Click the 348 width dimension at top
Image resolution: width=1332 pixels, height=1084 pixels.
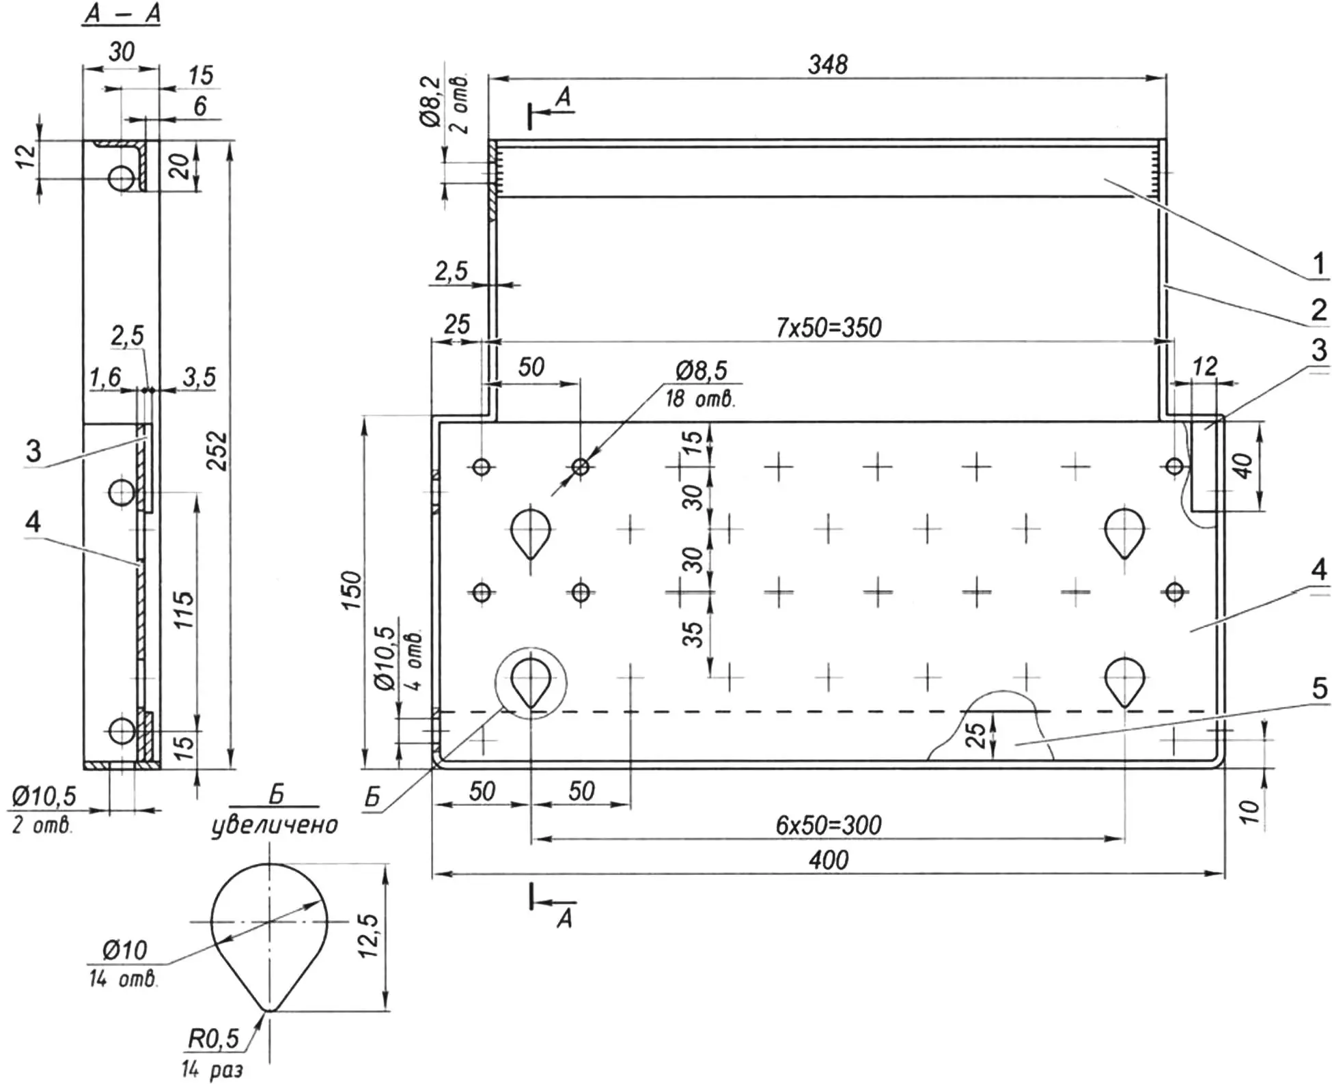pyautogui.click(x=827, y=65)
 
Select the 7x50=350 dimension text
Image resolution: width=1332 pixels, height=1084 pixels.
pyautogui.click(x=828, y=328)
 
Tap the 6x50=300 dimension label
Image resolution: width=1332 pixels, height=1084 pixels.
pyautogui.click(x=828, y=825)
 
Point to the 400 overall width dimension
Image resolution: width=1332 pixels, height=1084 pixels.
pyautogui.click(x=828, y=860)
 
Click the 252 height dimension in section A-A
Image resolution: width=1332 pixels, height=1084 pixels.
pyautogui.click(x=217, y=450)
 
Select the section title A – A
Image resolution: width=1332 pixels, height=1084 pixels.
pyautogui.click(x=122, y=14)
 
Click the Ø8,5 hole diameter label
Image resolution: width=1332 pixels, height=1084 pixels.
pyautogui.click(x=702, y=371)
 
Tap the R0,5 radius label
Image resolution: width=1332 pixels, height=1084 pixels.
pyautogui.click(x=213, y=1039)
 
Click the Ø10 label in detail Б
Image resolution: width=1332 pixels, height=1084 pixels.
pyautogui.click(x=124, y=949)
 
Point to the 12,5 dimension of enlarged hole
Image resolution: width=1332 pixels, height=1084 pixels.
pyautogui.click(x=369, y=935)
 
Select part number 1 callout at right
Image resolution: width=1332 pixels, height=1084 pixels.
pyautogui.click(x=1318, y=264)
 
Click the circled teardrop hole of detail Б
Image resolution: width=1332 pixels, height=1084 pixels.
pyautogui.click(x=531, y=683)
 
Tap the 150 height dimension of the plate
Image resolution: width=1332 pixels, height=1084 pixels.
pyautogui.click(x=350, y=591)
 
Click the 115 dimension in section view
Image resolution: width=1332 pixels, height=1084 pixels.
pyautogui.click(x=183, y=609)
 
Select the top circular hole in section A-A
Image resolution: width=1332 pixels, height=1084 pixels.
pyautogui.click(x=122, y=179)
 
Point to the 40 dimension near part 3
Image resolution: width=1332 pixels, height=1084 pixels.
pyautogui.click(x=1244, y=465)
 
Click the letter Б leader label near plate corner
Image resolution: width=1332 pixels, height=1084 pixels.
pyautogui.click(x=372, y=797)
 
